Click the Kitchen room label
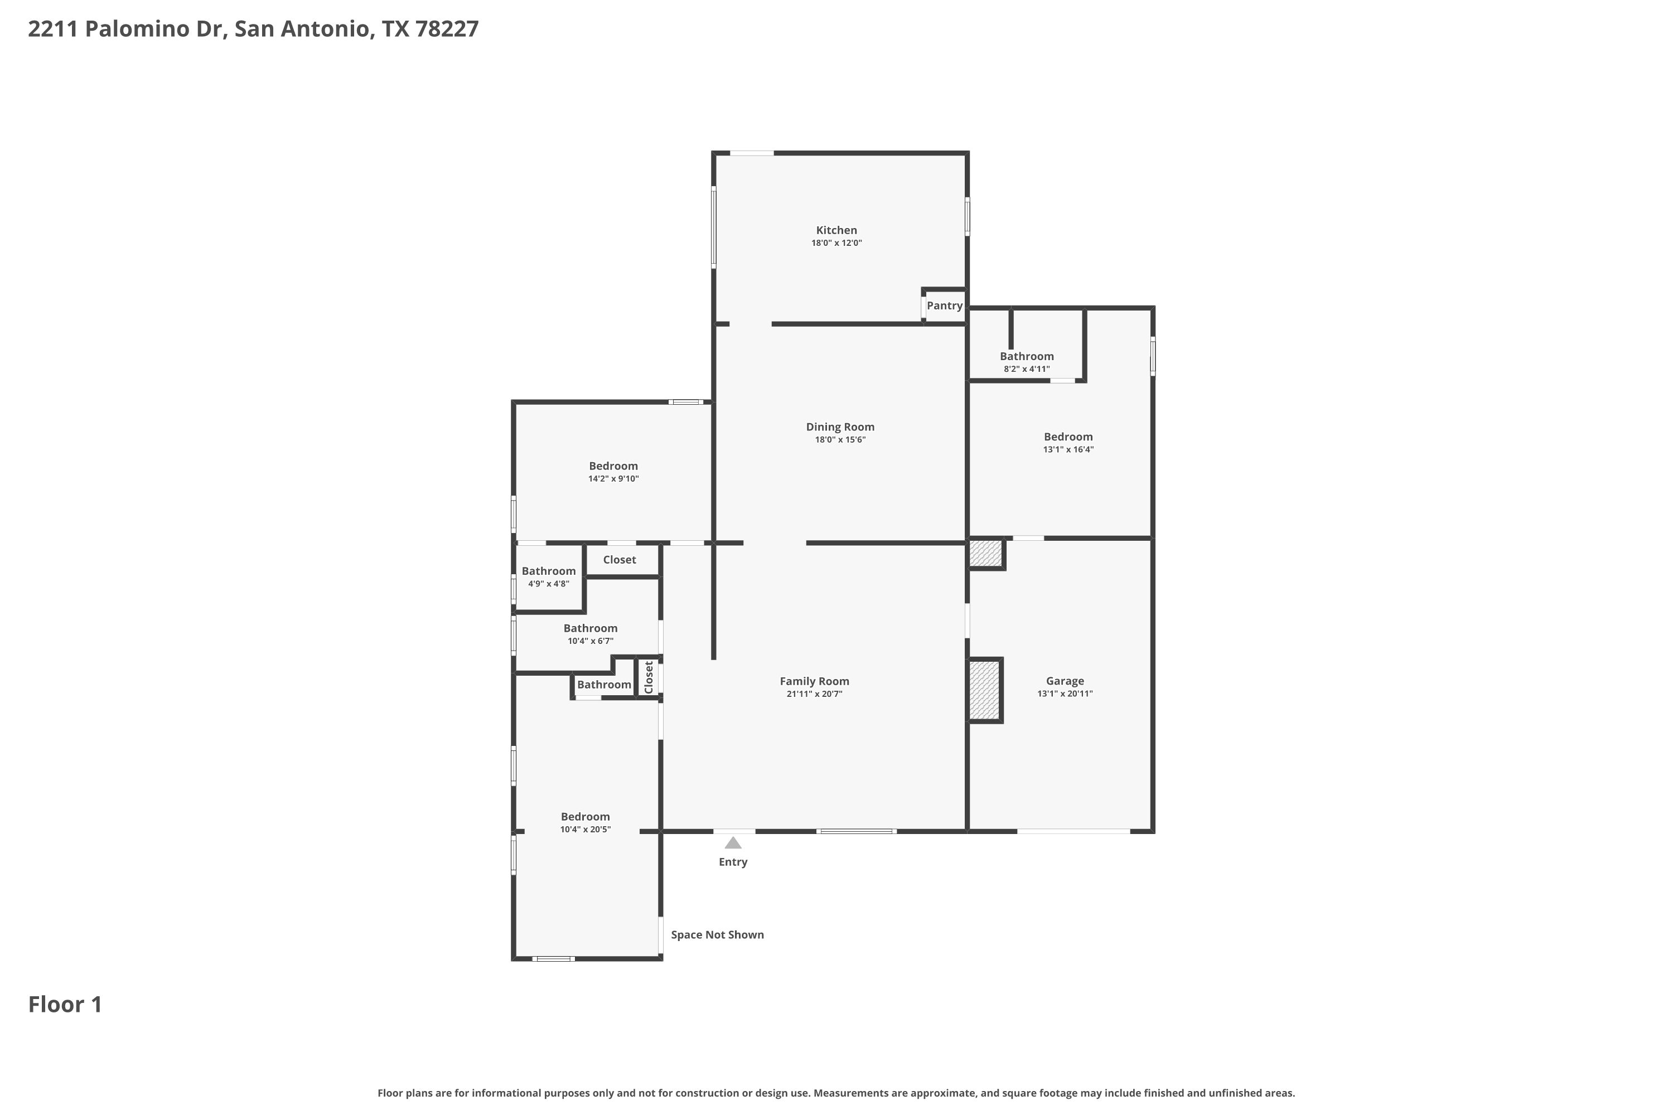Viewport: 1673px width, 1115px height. (x=836, y=230)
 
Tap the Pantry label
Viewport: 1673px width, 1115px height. (x=945, y=306)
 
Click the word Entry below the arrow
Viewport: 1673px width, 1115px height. (x=733, y=862)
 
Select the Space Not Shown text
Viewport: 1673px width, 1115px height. (x=717, y=934)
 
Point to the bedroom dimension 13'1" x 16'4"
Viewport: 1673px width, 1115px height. (x=1068, y=449)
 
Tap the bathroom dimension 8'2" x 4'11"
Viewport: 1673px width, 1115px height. (x=1027, y=369)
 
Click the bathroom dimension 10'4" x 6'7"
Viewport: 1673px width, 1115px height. (x=591, y=641)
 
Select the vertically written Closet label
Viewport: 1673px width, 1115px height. (x=649, y=678)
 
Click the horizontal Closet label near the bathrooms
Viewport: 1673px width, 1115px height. (x=620, y=560)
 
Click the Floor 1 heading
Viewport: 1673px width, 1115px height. (x=65, y=1004)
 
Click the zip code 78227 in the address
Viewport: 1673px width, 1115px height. (x=447, y=28)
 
